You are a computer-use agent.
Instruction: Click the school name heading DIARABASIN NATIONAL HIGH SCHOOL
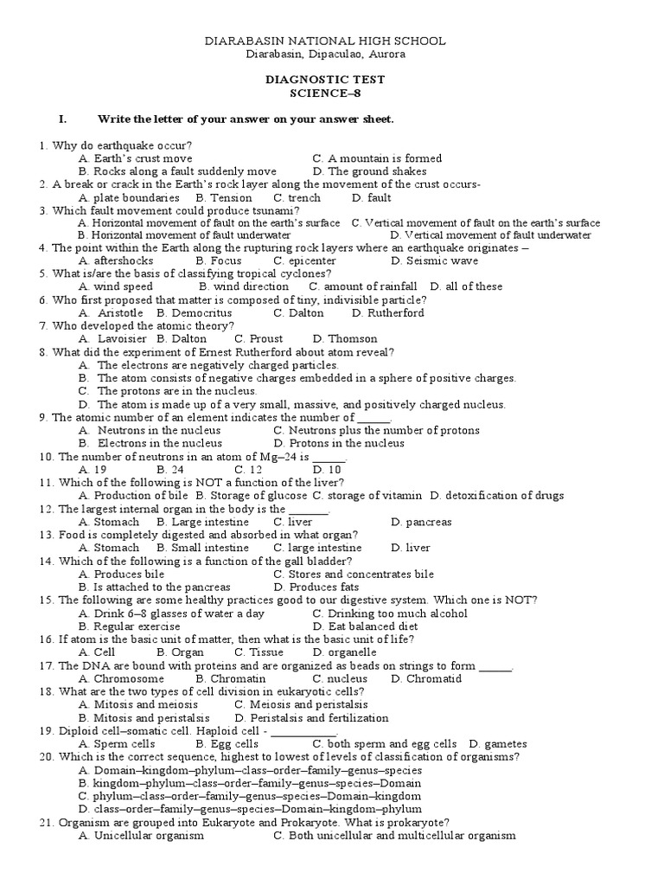pos(324,41)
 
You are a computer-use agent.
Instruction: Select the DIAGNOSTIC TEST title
pos(324,80)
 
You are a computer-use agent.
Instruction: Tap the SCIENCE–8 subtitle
pos(324,93)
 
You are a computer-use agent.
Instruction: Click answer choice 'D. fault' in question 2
pos(372,197)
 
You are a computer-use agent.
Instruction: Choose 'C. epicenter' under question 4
pos(304,260)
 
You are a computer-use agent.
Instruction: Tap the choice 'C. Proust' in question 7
pos(259,338)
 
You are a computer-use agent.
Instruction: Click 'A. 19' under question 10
pos(92,469)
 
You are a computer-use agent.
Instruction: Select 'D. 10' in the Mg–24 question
pos(328,469)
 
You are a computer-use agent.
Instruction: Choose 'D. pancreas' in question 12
pos(421,522)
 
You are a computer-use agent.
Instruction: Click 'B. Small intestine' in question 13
pos(202,548)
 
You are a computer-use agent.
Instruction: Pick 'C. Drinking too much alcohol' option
pos(390,613)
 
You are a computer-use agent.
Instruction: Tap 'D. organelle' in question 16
pos(344,652)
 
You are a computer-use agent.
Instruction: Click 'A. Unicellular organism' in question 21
pos(141,836)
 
